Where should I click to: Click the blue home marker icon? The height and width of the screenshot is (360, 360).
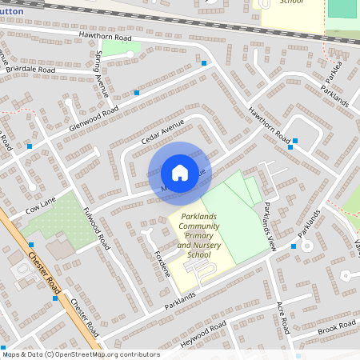click(x=180, y=172)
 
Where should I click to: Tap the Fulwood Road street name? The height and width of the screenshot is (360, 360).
click(x=95, y=228)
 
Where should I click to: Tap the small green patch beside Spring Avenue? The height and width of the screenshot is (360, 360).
click(x=122, y=48)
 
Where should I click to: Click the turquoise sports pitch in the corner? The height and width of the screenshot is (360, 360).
click(x=342, y=9)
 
